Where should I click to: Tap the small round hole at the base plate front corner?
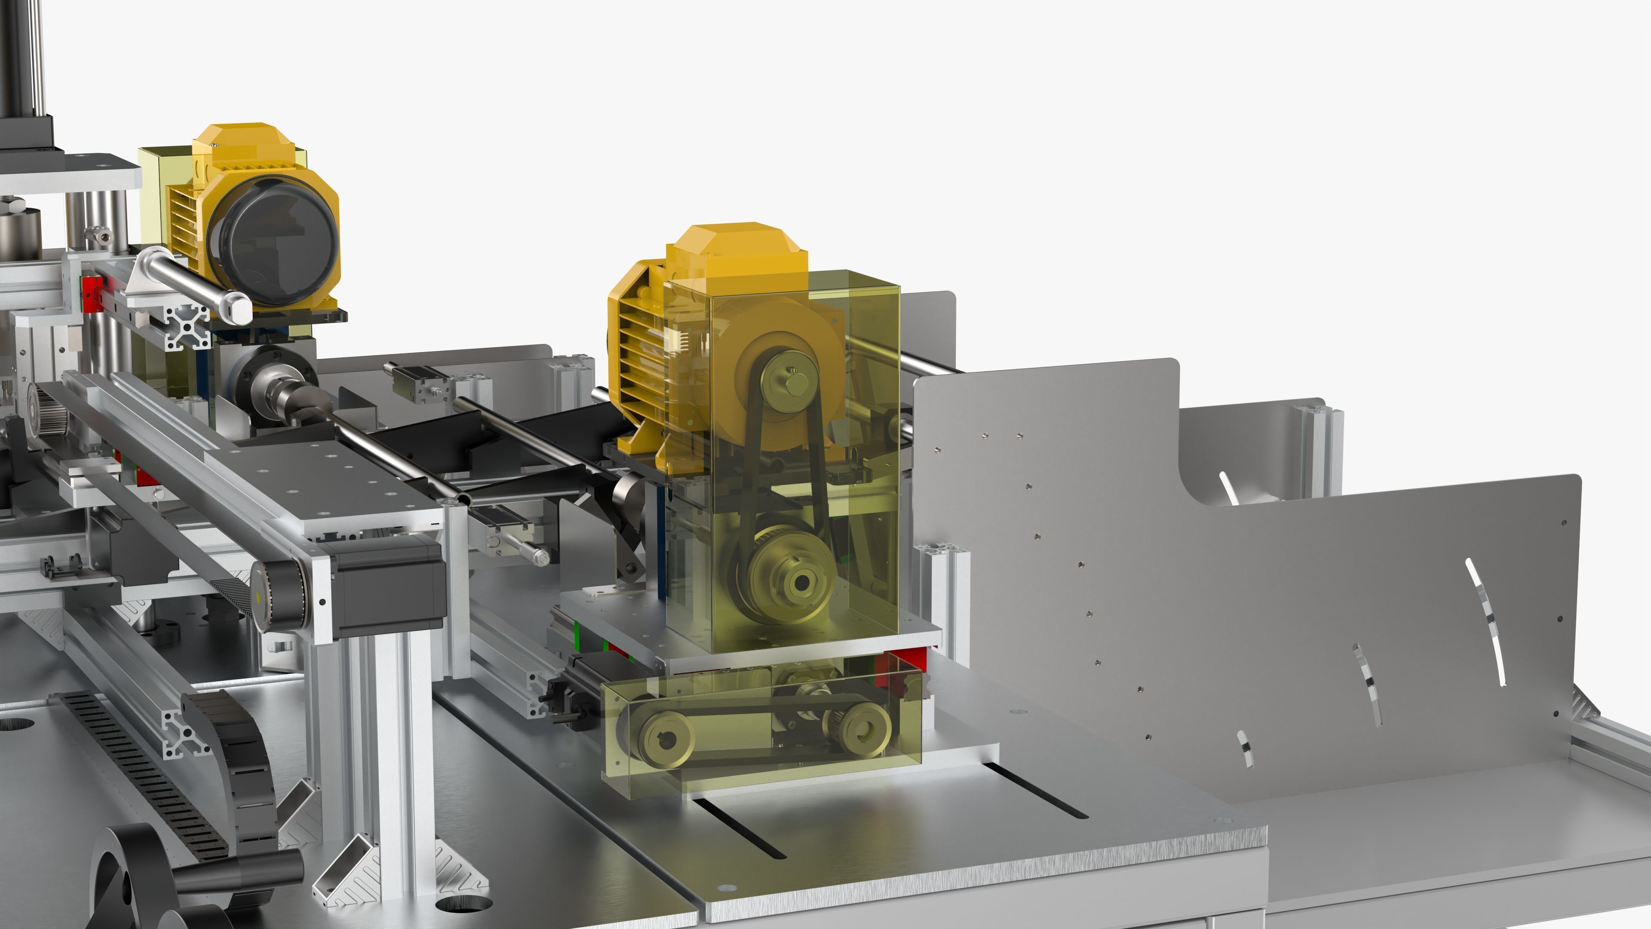pyautogui.click(x=726, y=888)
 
